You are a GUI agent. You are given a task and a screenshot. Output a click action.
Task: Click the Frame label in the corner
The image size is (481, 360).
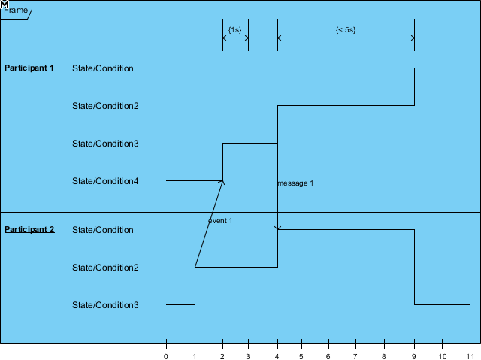click(x=16, y=11)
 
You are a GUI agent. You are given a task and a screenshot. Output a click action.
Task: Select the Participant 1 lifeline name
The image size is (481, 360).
click(x=29, y=68)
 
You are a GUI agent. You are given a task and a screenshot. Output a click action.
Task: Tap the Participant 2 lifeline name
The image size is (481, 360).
click(x=29, y=230)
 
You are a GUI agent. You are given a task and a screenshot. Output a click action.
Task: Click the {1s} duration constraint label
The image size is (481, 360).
click(x=235, y=30)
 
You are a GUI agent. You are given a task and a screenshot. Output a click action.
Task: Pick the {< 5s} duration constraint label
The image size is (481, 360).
click(x=346, y=30)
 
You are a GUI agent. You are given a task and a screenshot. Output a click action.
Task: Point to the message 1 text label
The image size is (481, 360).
click(x=295, y=183)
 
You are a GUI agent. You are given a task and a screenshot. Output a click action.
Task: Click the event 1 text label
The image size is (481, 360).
click(x=220, y=221)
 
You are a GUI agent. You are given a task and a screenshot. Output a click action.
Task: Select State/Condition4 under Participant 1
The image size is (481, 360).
click(x=105, y=181)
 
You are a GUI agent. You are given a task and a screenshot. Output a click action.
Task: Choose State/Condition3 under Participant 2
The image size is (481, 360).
click(x=105, y=305)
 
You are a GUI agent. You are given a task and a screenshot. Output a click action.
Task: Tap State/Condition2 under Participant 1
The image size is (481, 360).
click(x=105, y=106)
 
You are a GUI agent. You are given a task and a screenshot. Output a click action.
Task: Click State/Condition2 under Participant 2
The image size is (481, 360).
click(x=105, y=268)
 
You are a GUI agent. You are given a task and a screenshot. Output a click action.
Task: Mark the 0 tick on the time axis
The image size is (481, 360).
click(x=166, y=355)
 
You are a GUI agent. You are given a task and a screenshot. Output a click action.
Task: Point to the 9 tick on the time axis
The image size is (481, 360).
click(x=415, y=355)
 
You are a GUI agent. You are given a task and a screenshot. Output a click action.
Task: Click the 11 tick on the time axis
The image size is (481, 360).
click(x=470, y=355)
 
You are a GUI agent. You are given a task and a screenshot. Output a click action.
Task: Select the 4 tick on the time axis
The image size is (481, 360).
click(x=277, y=355)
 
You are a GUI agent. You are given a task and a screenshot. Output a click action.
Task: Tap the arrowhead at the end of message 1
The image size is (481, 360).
click(x=278, y=228)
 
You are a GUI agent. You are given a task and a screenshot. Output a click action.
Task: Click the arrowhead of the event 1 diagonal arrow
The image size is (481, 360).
click(x=222, y=182)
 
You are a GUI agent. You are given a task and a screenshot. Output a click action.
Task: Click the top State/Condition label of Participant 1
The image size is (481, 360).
click(x=103, y=68)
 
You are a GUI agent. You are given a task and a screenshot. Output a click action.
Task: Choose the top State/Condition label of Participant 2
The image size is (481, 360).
click(x=103, y=230)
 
